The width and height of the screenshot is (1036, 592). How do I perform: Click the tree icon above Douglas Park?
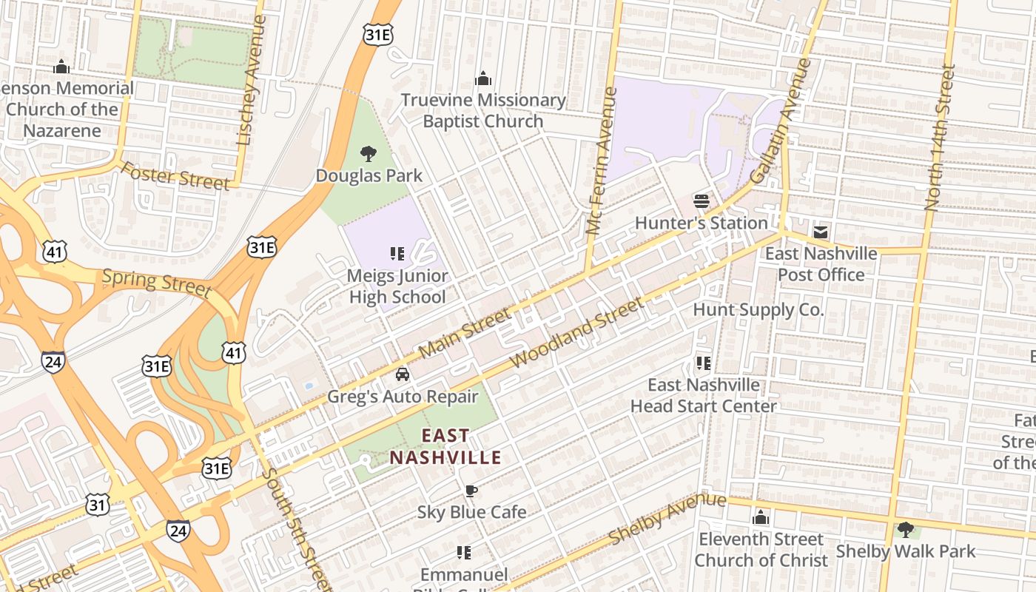point(368,154)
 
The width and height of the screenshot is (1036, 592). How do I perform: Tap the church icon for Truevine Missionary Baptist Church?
point(483,78)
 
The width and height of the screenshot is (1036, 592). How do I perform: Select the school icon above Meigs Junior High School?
point(397,255)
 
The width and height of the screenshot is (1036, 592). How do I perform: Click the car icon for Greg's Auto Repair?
point(403,374)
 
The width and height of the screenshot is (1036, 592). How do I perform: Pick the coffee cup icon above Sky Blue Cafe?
point(471,491)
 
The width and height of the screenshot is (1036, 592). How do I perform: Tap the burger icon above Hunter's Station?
point(702,201)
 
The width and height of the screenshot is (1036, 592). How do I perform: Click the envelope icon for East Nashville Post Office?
point(821,232)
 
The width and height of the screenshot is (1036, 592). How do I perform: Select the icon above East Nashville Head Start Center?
point(703,363)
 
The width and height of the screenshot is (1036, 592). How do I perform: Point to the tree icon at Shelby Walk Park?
point(905,529)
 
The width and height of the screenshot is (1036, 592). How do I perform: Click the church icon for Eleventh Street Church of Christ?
point(761,518)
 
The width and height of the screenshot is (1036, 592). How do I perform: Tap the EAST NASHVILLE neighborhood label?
point(445,447)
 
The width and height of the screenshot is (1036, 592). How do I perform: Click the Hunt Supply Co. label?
point(758,309)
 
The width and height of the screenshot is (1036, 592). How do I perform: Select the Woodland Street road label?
point(578,333)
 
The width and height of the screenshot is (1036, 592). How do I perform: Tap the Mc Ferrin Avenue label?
point(602,161)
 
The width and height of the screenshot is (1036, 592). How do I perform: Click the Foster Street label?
point(175,175)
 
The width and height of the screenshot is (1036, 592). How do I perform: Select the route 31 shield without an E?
point(98,505)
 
